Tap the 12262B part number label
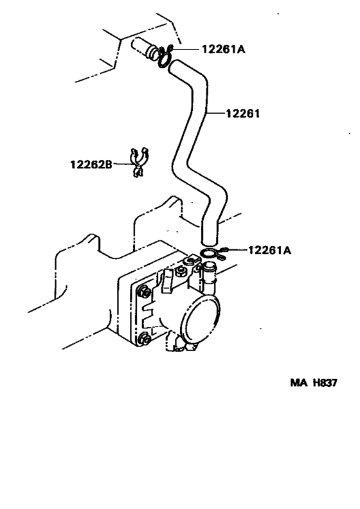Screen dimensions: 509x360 (91, 165)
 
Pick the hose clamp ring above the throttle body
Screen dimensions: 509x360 (209, 253)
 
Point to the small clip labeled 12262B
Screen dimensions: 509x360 (137, 163)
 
